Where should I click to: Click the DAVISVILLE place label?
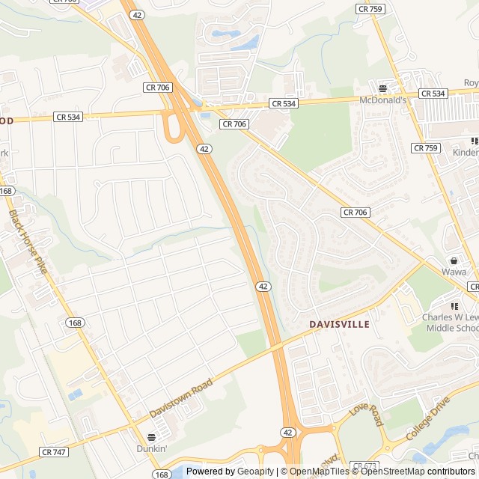339,324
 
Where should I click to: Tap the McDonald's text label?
382,100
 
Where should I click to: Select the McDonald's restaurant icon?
382,88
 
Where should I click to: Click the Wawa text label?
453,272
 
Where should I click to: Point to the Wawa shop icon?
453,260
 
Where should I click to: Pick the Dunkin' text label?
151,448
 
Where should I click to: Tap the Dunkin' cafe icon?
151,437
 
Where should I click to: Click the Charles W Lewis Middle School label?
451,323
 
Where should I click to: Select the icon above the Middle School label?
454,305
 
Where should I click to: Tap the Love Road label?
367,415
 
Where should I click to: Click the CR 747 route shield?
55,452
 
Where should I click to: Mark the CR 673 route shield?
365,466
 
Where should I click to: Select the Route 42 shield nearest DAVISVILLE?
263,286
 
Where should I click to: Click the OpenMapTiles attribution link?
320,472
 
